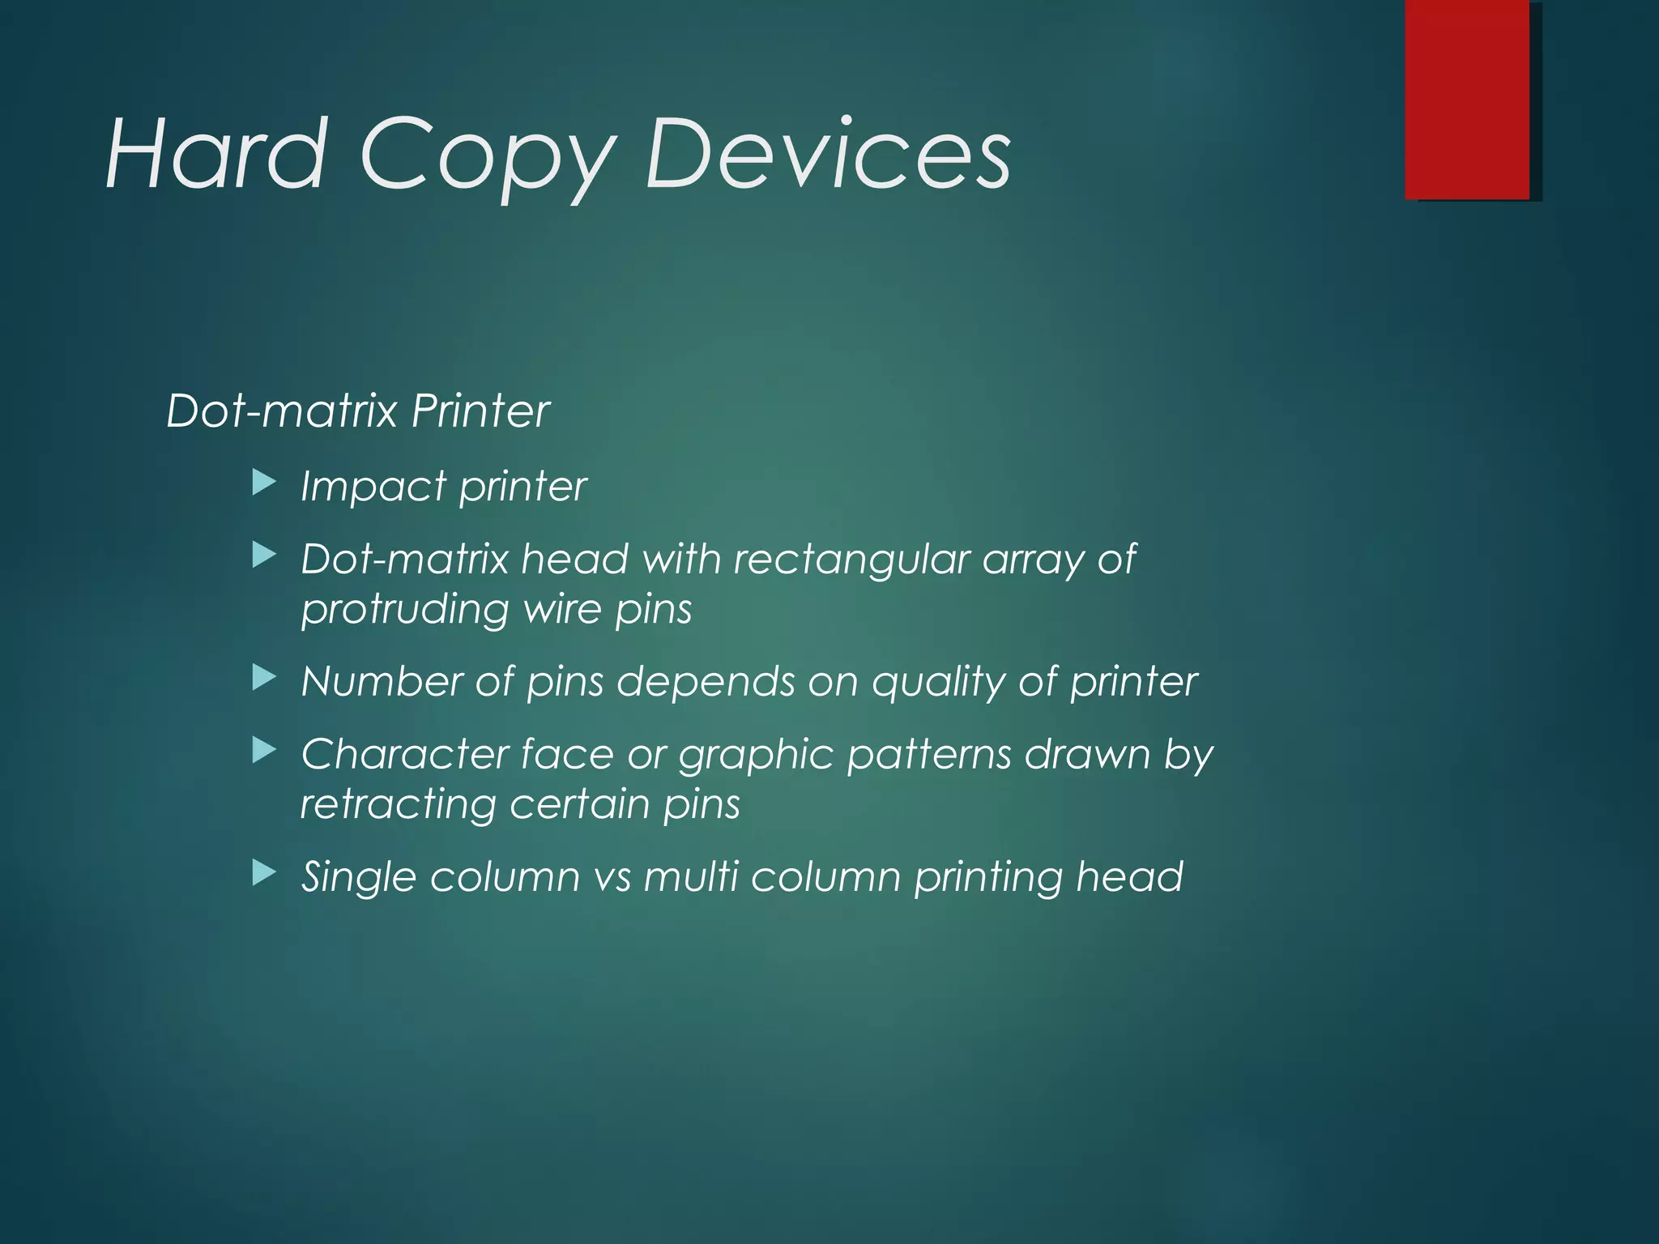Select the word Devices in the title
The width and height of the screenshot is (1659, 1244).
pyautogui.click(x=827, y=154)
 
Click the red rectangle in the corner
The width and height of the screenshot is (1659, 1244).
pyautogui.click(x=1467, y=100)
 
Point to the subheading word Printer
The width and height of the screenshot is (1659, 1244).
pyautogui.click(x=480, y=411)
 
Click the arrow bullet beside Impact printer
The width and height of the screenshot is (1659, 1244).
pyautogui.click(x=264, y=484)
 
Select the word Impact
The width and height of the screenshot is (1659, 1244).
pyautogui.click(x=373, y=488)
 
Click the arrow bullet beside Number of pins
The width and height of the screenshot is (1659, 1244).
pyautogui.click(x=264, y=678)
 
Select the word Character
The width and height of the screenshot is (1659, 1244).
pyautogui.click(x=405, y=755)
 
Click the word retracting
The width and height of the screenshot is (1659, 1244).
pyautogui.click(x=398, y=804)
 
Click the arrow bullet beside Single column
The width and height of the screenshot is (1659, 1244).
pyautogui.click(x=264, y=873)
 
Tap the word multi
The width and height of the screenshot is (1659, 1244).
pyautogui.click(x=691, y=876)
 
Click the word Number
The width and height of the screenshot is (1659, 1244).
pyautogui.click(x=382, y=681)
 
